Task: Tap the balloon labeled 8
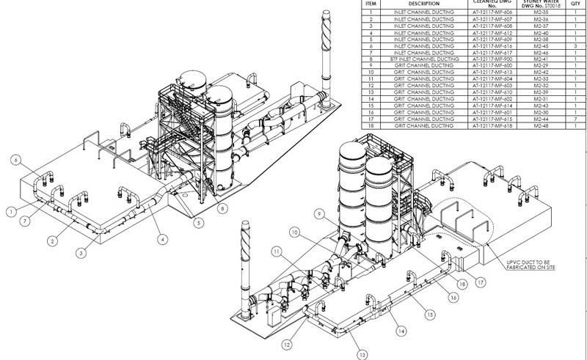point(222,209)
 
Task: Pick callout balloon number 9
point(319,213)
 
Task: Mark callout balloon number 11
point(277,251)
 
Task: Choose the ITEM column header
point(371,4)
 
